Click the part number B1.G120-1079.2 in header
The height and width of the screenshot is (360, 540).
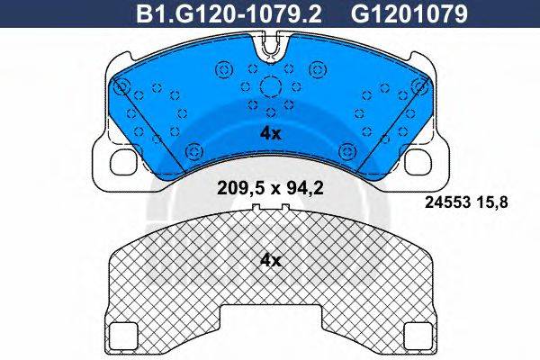pos(229,14)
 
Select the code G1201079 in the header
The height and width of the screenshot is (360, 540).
pos(409,14)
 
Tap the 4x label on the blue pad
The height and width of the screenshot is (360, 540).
pos(271,133)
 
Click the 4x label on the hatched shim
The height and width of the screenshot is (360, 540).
pos(271,261)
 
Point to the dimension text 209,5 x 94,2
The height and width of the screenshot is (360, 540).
pos(270,188)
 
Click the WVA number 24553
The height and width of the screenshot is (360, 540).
pos(447,202)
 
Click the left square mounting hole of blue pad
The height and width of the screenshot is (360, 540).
pos(124,161)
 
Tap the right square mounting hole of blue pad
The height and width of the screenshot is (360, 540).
pos(418,161)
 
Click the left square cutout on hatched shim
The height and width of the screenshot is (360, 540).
pos(123,335)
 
